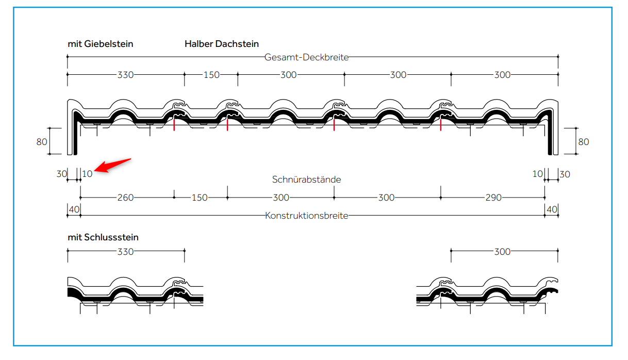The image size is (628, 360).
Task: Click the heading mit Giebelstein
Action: pyautogui.click(x=100, y=44)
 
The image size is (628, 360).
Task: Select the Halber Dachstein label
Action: pyautogui.click(x=222, y=44)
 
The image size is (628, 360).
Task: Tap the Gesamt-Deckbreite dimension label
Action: pyautogui.click(x=306, y=57)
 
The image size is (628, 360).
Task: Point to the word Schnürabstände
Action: pyautogui.click(x=306, y=179)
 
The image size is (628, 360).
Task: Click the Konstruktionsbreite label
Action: pyautogui.click(x=306, y=216)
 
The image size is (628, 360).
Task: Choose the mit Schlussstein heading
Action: pyautogui.click(x=103, y=238)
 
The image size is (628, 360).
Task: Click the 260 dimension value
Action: pyautogui.click(x=125, y=198)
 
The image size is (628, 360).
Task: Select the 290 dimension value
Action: pyautogui.click(x=493, y=198)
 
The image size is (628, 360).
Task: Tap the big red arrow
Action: pyautogui.click(x=114, y=165)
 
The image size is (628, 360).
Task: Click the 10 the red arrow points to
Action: pyautogui.click(x=87, y=174)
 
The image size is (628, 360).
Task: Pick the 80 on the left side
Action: pyautogui.click(x=42, y=141)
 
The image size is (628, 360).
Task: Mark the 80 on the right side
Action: pyautogui.click(x=583, y=141)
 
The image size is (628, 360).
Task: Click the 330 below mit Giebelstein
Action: pyautogui.click(x=125, y=75)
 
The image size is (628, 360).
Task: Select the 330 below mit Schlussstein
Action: pyautogui.click(x=125, y=252)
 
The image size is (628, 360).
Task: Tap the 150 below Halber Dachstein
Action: pyautogui.click(x=211, y=75)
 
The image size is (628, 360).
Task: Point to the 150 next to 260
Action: pyautogui.click(x=200, y=198)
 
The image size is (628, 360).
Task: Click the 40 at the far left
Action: pyautogui.click(x=74, y=209)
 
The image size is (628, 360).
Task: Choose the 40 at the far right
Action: pyautogui.click(x=552, y=209)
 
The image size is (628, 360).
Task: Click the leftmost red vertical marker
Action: pyautogui.click(x=174, y=124)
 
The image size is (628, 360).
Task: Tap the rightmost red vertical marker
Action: pyautogui.click(x=440, y=124)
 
